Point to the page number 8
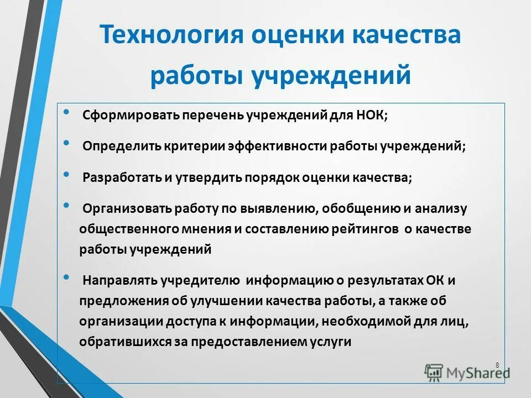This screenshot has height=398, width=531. (497, 365)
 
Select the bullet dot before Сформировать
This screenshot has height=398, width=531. (67, 113)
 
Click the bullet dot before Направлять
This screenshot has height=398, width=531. (67, 277)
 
